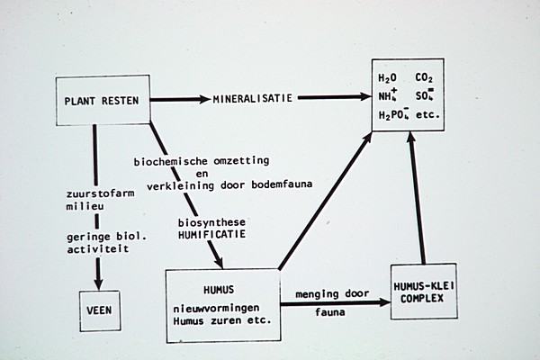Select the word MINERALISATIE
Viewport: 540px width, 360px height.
tap(255, 96)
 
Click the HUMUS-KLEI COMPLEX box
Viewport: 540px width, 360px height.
tap(424, 292)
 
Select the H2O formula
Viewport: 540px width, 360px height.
tap(390, 78)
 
